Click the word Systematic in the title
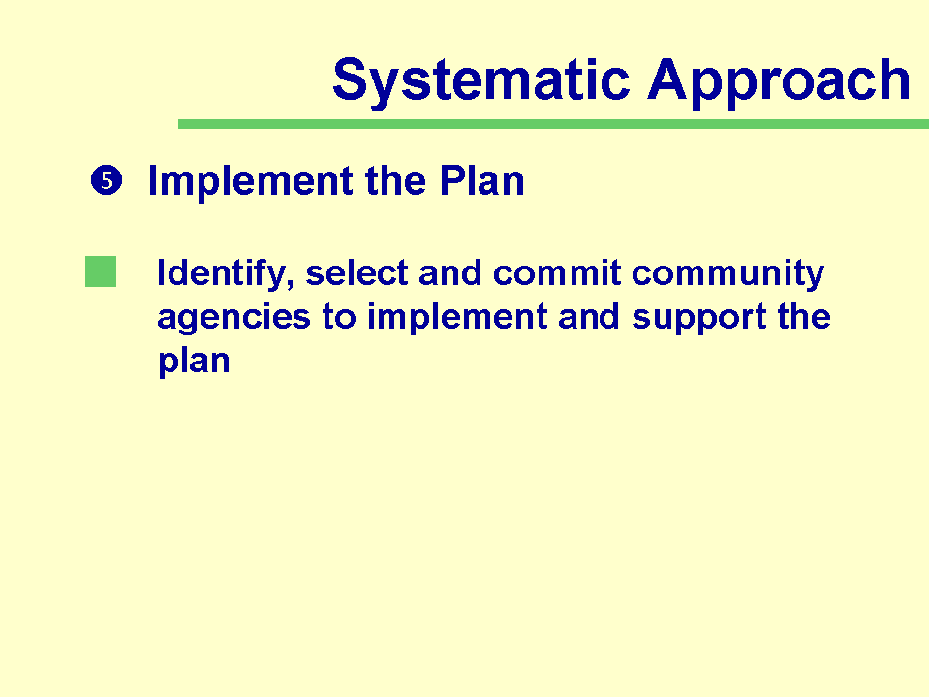pos(481,81)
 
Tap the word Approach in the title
pos(779,81)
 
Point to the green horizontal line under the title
pos(553,124)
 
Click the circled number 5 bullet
pos(107,180)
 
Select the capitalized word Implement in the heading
pos(250,180)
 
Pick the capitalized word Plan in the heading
pos(481,180)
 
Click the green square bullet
pos(101,271)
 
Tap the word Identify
pos(225,273)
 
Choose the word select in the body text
pos(356,273)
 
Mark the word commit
pos(557,273)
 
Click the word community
pos(728,274)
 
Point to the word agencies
pos(233,318)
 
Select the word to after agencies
pos(339,317)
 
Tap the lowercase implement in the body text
pos(457,318)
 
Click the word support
pos(699,318)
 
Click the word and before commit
pos(450,273)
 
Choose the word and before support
pos(590,317)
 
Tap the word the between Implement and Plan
pos(396,180)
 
